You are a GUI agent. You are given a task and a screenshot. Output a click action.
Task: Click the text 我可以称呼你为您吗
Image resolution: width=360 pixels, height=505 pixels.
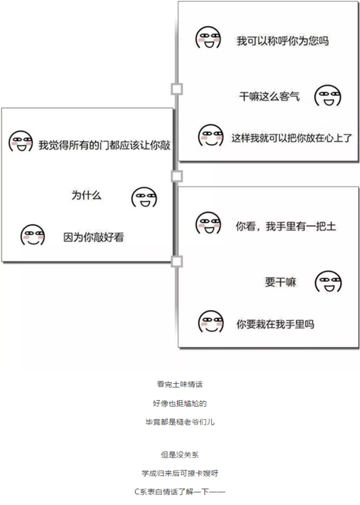(283, 41)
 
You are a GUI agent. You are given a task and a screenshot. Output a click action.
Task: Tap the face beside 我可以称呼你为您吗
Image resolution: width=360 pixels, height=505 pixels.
(208, 38)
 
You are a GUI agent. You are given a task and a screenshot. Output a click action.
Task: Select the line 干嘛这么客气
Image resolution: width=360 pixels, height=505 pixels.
(269, 97)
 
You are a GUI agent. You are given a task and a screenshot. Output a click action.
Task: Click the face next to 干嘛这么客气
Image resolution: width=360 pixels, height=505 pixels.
(328, 96)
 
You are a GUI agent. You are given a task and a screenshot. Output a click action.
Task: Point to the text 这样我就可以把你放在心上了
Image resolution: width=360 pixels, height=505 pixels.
(292, 138)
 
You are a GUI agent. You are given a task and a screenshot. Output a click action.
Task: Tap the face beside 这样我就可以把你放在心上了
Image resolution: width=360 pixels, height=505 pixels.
(211, 136)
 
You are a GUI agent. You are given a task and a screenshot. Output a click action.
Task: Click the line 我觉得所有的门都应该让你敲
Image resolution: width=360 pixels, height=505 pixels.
(104, 145)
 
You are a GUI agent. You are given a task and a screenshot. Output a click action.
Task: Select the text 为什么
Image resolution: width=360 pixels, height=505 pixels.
(86, 195)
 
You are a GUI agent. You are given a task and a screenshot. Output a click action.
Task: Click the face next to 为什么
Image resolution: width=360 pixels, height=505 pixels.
(144, 198)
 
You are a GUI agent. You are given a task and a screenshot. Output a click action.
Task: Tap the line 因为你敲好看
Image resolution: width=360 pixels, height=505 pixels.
(94, 238)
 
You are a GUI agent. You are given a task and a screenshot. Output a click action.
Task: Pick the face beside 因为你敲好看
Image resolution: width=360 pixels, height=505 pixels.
(32, 235)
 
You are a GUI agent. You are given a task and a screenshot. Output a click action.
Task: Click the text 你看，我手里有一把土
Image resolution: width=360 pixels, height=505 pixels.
(286, 227)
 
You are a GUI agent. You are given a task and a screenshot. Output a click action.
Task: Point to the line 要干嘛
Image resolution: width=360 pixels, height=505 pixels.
(280, 282)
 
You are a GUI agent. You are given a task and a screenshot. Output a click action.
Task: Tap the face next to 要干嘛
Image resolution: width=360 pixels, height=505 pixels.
(328, 282)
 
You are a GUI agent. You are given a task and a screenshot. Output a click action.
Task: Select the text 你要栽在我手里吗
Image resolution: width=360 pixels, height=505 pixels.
(275, 324)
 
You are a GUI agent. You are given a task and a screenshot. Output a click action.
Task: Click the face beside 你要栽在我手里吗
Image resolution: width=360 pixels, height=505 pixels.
(211, 321)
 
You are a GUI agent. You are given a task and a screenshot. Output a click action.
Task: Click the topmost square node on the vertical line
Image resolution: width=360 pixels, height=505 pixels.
(176, 89)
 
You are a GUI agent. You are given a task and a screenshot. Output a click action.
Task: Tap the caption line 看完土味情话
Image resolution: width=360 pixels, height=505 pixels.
(180, 384)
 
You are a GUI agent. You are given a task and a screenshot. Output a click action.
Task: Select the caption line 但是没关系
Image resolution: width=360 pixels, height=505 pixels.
(180, 455)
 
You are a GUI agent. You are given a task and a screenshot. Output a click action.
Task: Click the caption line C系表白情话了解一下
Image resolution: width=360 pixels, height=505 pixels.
(180, 491)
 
